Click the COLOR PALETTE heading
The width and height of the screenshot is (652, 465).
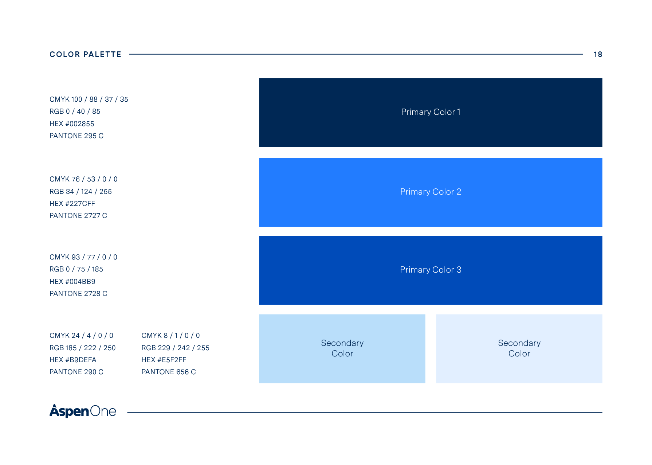tap(85, 54)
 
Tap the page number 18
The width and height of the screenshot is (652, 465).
tap(598, 54)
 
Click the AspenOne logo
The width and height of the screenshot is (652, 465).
tap(83, 411)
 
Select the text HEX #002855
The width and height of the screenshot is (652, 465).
tap(72, 124)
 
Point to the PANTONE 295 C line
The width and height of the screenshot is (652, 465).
tap(76, 136)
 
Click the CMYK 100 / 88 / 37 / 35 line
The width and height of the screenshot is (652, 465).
tap(89, 99)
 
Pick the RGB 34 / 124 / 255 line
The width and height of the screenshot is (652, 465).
tap(80, 192)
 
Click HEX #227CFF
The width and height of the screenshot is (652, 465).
tap(72, 204)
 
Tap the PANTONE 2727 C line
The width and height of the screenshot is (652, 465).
tap(78, 216)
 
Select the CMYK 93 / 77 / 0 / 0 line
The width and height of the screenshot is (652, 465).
tap(83, 257)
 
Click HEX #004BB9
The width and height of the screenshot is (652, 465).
tap(72, 282)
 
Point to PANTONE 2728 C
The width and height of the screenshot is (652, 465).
tap(78, 294)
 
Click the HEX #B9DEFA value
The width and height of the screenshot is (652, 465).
tap(73, 360)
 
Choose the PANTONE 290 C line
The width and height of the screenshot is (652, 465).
tap(76, 372)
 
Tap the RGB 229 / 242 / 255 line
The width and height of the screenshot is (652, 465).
tap(175, 348)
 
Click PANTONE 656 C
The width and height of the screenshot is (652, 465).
tap(169, 372)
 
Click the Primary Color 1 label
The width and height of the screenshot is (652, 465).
tap(431, 112)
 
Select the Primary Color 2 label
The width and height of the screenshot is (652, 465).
tap(431, 192)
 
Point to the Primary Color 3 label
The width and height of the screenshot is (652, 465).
tap(431, 270)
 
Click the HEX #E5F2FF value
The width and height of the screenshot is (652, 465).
tap(164, 360)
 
